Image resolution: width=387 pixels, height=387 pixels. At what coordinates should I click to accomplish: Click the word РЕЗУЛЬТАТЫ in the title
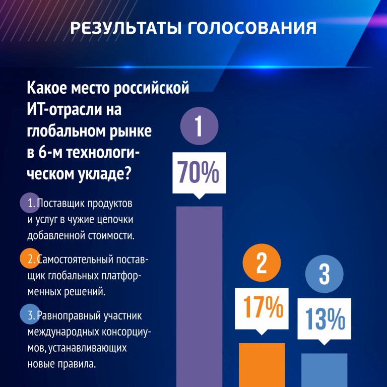(x=125, y=28)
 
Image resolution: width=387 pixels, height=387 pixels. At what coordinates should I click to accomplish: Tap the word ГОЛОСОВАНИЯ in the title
(x=252, y=28)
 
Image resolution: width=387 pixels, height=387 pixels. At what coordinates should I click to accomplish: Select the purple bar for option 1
(x=199, y=297)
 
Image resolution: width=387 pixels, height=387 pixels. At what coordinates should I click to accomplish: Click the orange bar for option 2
(x=262, y=365)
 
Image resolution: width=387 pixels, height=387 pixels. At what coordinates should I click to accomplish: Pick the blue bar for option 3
(x=325, y=370)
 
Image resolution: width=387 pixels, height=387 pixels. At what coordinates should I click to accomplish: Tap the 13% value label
(x=325, y=318)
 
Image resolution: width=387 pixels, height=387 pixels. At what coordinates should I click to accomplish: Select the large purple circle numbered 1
(x=200, y=126)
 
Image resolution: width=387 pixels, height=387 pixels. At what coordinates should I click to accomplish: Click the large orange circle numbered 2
(x=262, y=263)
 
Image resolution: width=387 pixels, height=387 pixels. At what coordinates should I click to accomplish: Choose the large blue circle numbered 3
(x=325, y=274)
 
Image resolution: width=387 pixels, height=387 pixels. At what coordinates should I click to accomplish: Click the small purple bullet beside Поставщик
(x=30, y=203)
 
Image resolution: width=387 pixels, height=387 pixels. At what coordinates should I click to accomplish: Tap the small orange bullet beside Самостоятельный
(x=30, y=258)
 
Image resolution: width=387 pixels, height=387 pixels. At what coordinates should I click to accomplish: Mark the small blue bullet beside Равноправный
(x=30, y=314)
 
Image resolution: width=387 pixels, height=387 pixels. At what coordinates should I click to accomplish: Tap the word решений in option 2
(x=85, y=292)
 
